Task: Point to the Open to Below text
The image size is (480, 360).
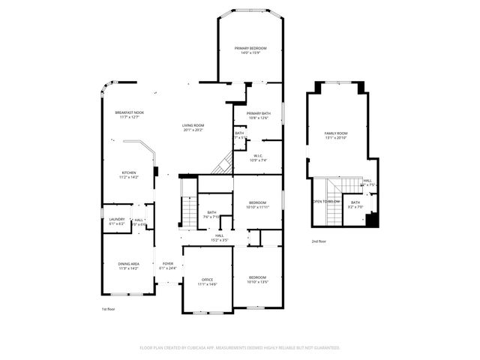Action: tap(326, 202)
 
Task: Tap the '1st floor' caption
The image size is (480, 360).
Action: tap(109, 309)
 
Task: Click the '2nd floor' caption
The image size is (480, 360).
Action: tap(319, 241)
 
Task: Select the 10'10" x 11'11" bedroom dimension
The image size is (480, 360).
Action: tap(257, 207)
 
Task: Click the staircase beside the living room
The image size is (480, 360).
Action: tap(221, 163)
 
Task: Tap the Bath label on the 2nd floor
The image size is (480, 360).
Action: tap(355, 203)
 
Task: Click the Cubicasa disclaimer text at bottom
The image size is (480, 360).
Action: tap(240, 348)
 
